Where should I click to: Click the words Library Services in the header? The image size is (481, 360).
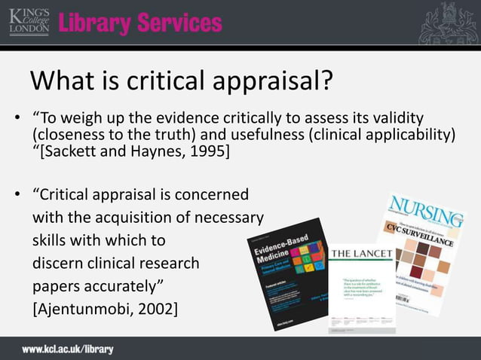click(139, 23)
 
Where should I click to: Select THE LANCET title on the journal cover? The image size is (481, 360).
click(361, 254)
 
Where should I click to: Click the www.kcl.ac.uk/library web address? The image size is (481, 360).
click(68, 349)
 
